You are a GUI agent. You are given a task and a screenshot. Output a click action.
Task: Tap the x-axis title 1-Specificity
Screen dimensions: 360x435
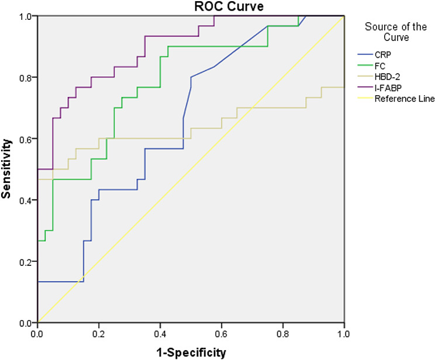coord(190,352)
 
